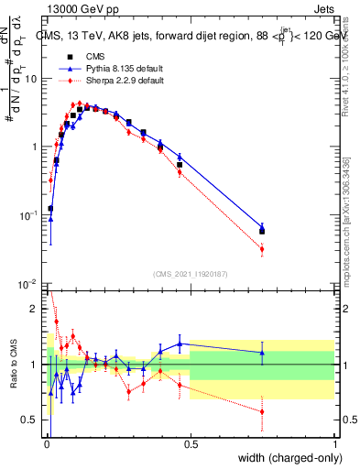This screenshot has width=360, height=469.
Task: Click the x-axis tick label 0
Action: [x=46, y=442]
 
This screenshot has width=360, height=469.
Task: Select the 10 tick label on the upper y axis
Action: [x=31, y=79]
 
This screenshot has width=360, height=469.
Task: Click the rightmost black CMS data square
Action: [x=262, y=231]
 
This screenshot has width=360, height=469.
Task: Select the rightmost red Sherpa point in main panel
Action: [x=262, y=249]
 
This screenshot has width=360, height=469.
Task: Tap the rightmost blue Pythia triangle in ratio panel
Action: [x=262, y=353]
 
